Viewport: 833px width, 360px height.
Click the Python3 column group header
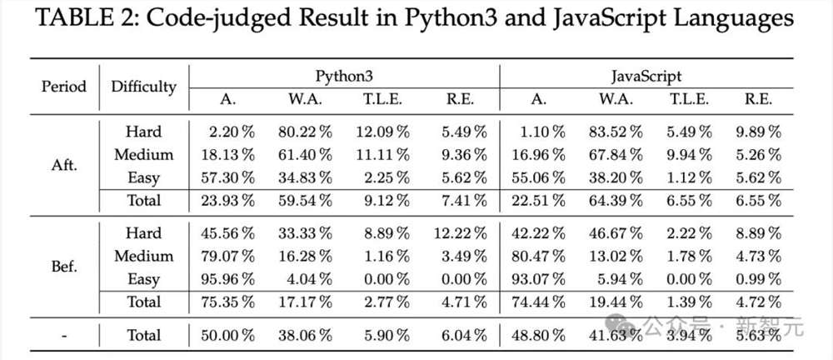tap(343, 76)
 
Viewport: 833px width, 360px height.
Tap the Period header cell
tap(64, 86)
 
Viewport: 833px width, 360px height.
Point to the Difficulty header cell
tap(143, 86)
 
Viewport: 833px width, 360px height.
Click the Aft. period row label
tap(64, 165)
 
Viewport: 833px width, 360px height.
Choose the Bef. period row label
tap(64, 267)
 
